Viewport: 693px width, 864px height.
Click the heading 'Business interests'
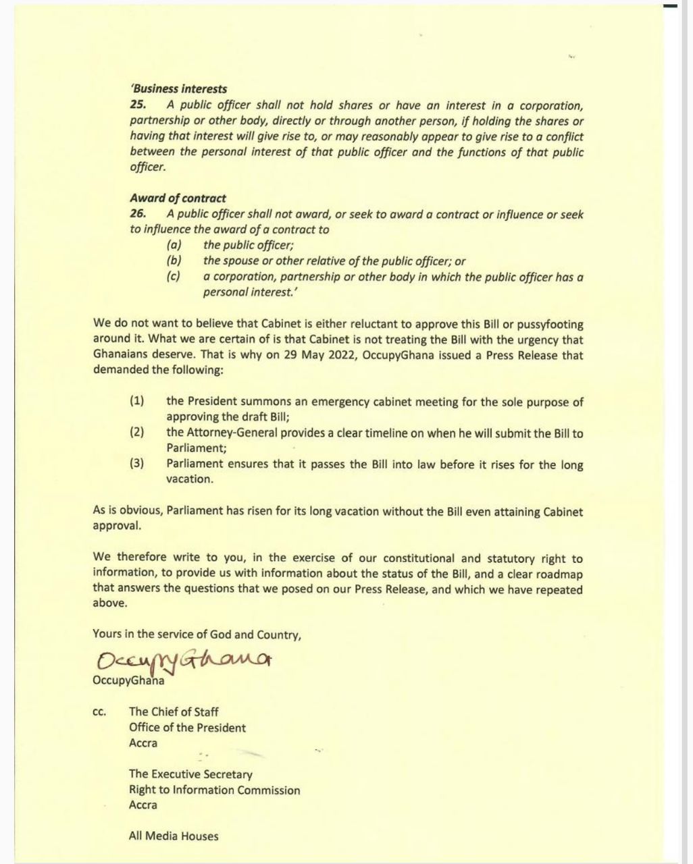[x=178, y=88]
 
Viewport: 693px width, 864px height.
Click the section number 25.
[x=137, y=105]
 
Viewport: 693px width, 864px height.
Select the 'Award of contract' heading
[x=178, y=198]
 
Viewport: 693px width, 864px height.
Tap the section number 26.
[x=137, y=214]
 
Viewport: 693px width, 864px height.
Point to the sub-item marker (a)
[x=174, y=246]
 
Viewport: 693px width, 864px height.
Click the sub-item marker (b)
[x=174, y=261]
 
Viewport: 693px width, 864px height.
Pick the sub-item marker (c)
[x=174, y=277]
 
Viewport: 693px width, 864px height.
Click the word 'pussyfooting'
[x=550, y=325]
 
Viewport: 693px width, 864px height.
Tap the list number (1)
[x=137, y=402]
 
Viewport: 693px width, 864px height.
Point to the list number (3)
[x=137, y=464]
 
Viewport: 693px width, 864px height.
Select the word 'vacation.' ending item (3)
[x=190, y=479]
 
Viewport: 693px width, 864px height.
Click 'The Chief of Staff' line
[x=174, y=711]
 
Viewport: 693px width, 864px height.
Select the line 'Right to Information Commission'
[x=214, y=790]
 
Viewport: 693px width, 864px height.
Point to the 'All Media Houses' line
[x=174, y=836]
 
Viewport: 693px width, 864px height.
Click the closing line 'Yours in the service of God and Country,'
[x=197, y=634]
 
